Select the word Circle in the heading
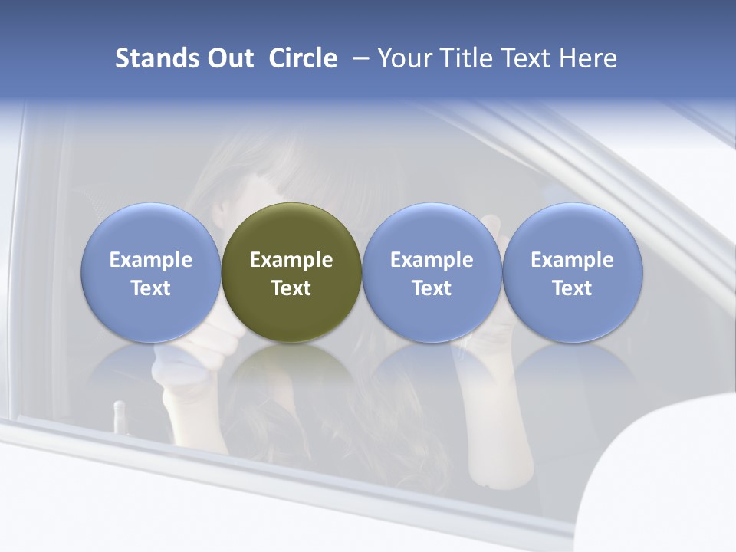coord(303,58)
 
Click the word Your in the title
coord(403,58)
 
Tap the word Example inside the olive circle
coord(291,260)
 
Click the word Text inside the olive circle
coord(291,288)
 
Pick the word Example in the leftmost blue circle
coord(151,260)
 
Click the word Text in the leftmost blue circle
coord(151,288)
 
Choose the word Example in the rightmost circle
coord(572,260)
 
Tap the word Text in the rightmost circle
coord(572,288)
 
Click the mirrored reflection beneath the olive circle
coord(291,368)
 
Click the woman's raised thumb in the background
coord(491,226)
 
